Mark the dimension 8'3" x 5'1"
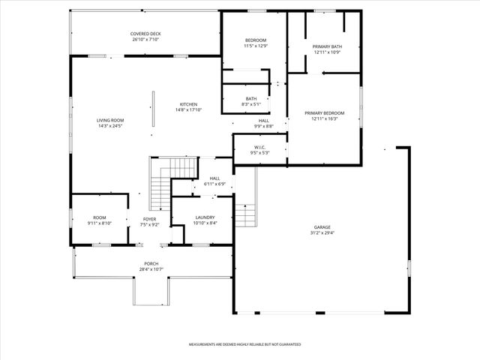click(250, 103)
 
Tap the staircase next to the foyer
click(160, 184)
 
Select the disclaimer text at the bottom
click(244, 344)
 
